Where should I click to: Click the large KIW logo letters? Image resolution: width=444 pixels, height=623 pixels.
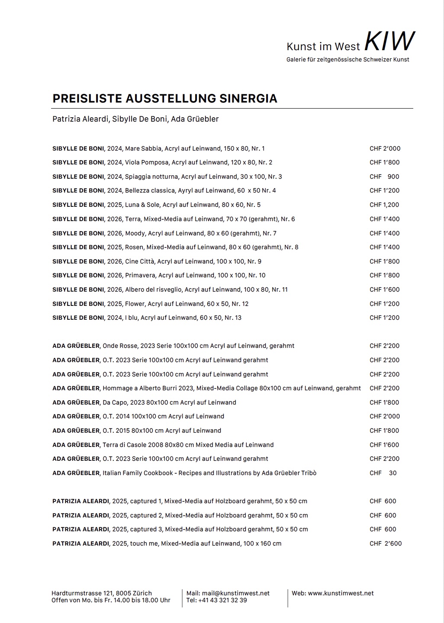[x=389, y=41]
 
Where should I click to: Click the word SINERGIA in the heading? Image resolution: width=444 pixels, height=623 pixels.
[x=248, y=99]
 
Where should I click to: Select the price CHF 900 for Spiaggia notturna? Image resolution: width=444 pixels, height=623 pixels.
[x=385, y=177]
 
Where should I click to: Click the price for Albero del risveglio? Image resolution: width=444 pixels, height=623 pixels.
[x=385, y=289]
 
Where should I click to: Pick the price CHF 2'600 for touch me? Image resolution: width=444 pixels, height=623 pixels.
[x=386, y=543]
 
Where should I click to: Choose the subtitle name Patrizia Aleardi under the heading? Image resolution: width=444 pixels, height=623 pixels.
[x=80, y=119]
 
